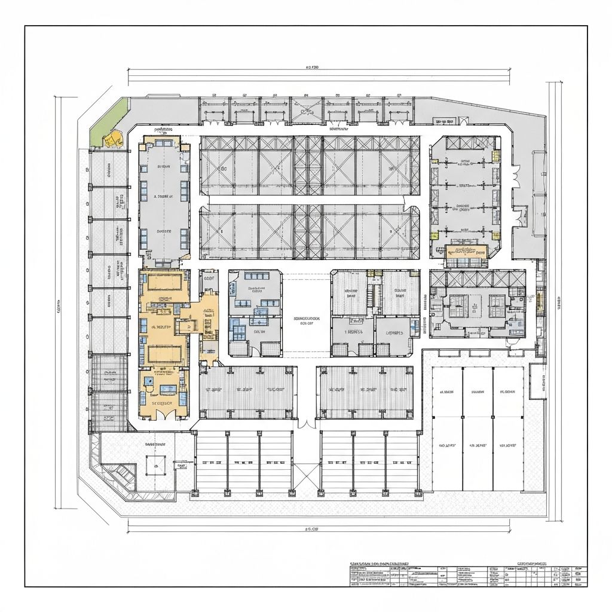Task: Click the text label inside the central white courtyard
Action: pyautogui.click(x=307, y=322)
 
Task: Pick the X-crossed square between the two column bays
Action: pyautogui.click(x=306, y=476)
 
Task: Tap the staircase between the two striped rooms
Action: pyautogui.click(x=375, y=293)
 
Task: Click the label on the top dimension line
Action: pyautogui.click(x=312, y=68)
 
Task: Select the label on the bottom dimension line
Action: pyautogui.click(x=312, y=529)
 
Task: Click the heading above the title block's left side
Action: pyautogui.click(x=380, y=564)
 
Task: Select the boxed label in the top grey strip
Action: pyautogui.click(x=445, y=121)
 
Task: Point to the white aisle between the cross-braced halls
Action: pyautogui.click(x=307, y=200)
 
